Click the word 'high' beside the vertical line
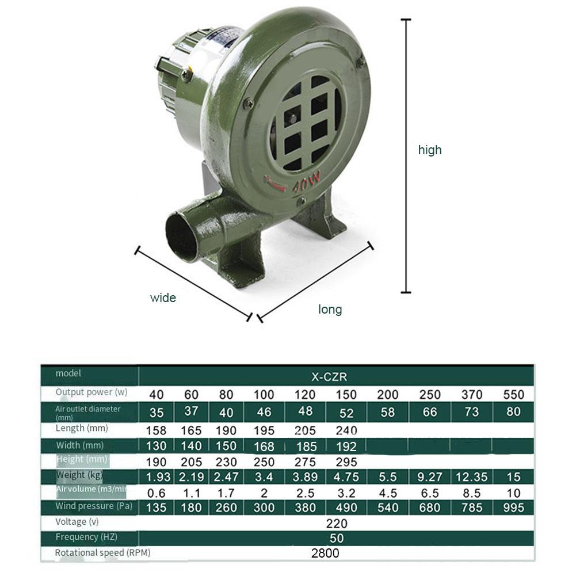pos(430,150)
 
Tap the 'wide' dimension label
pos(163,298)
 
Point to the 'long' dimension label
pos(330,310)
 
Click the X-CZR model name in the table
pos(329,377)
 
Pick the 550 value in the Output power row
pos(513,395)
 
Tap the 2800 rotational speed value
pos(325,554)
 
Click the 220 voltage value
pos(337,524)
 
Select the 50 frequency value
pos(337,539)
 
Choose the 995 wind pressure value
pos(513,508)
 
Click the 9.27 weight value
pos(430,477)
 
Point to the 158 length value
pos(156,430)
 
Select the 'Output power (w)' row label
pos(91,392)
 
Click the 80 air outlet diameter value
pos(513,411)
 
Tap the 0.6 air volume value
pos(156,493)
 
